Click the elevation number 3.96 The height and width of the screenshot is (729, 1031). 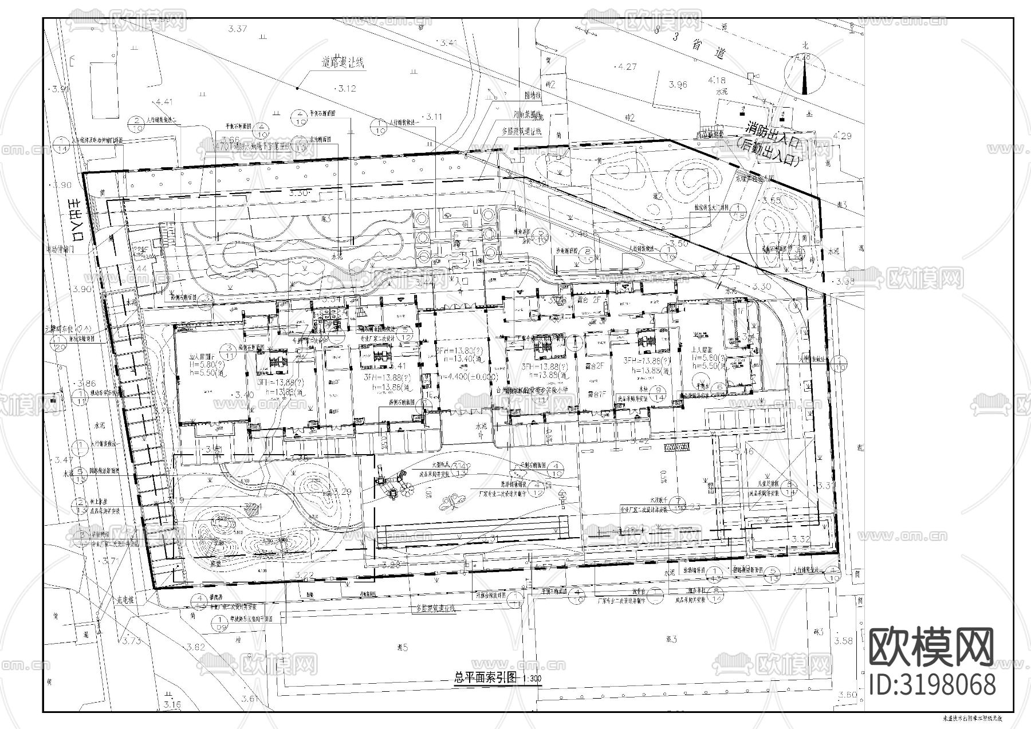678,85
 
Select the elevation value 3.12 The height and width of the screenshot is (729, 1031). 347,89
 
